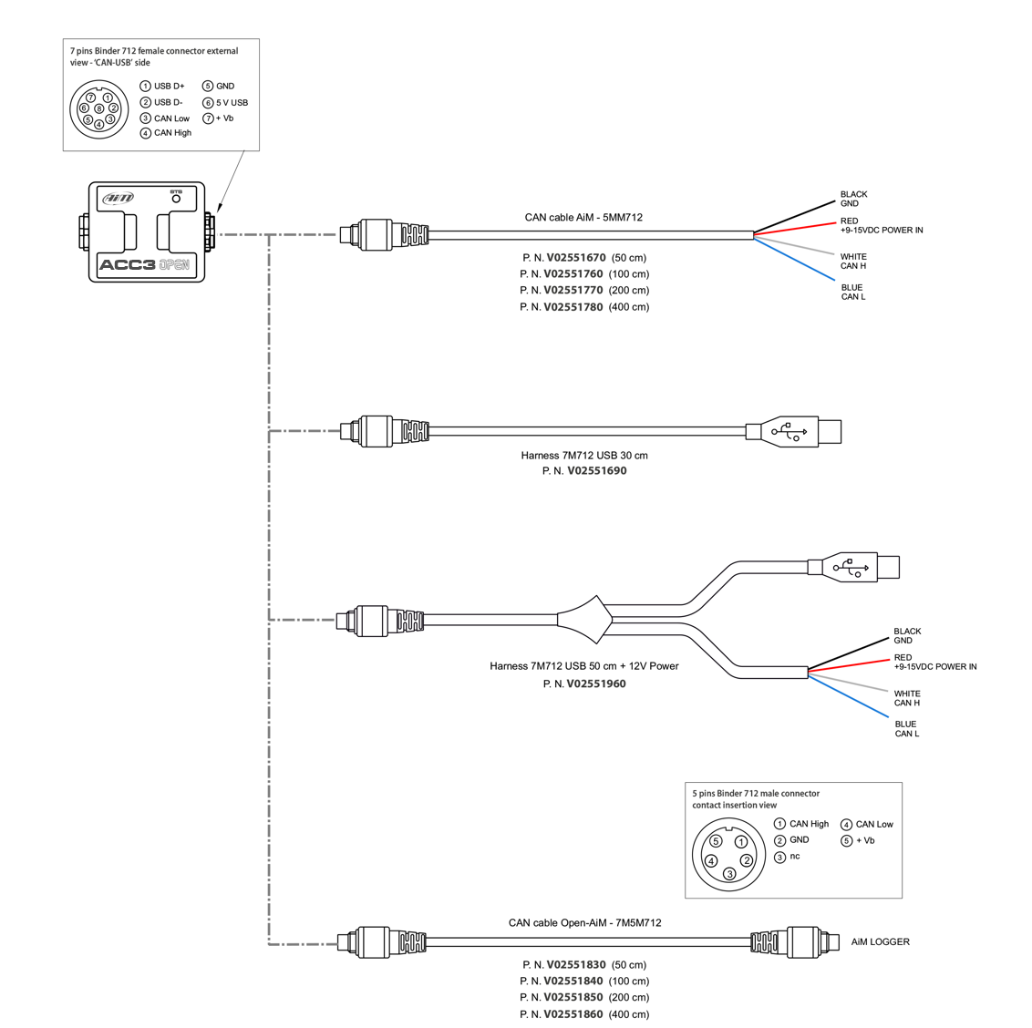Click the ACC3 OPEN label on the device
pyautogui.click(x=145, y=265)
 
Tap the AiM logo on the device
pyautogui.click(x=118, y=198)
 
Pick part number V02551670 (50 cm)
pyautogui.click(x=584, y=258)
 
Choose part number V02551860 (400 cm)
pyautogui.click(x=584, y=1014)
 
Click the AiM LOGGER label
pyautogui.click(x=880, y=941)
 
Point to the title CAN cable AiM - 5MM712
pyautogui.click(x=583, y=218)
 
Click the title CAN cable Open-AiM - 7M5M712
pyautogui.click(x=584, y=923)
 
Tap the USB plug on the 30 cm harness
pyautogui.click(x=793, y=431)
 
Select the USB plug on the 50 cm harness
pyautogui.click(x=853, y=568)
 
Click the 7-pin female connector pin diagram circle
pyautogui.click(x=99, y=109)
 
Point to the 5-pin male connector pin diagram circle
pyautogui.click(x=729, y=855)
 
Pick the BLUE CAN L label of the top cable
pyautogui.click(x=853, y=292)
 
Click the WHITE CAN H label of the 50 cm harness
pyautogui.click(x=907, y=698)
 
